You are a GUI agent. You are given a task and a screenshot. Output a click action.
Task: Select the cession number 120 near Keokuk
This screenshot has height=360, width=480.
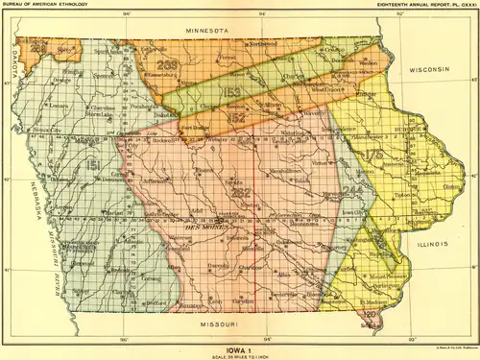[369, 312]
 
